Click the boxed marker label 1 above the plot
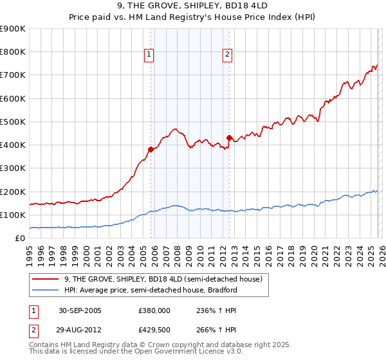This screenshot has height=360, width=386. [x=149, y=55]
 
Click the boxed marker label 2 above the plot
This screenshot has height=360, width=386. [x=227, y=55]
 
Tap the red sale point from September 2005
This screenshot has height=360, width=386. [x=151, y=149]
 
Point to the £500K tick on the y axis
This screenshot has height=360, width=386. [x=13, y=122]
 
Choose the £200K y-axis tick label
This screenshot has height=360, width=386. [x=13, y=192]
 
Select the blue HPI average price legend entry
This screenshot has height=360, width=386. [x=151, y=290]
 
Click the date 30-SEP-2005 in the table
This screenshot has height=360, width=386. [x=80, y=310]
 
